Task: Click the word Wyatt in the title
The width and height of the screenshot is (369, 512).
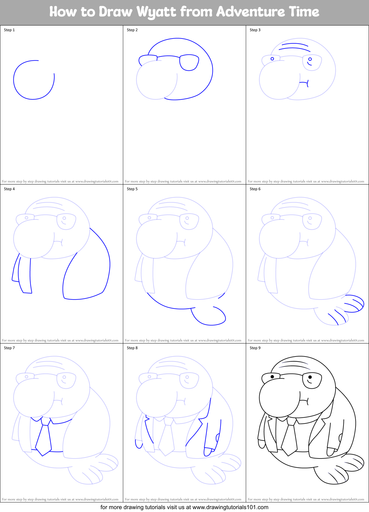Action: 156,12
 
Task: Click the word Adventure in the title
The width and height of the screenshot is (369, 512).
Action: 250,12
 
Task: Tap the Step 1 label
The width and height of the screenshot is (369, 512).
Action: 9,30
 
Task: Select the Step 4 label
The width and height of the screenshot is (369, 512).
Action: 9,189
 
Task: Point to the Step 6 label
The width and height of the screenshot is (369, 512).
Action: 255,189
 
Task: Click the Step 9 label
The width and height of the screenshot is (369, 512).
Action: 255,348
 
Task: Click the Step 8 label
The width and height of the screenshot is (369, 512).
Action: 132,348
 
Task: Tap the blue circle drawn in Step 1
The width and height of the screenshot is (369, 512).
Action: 34,80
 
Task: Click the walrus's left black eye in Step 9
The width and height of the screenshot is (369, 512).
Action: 272,377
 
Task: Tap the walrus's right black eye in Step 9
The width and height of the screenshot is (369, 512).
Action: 310,377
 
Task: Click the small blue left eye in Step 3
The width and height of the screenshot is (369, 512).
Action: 272,59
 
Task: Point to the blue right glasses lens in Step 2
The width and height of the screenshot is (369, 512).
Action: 189,62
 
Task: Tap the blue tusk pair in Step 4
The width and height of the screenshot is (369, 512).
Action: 22,274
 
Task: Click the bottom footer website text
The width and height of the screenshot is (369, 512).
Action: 184,507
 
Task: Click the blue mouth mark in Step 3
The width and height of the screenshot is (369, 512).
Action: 304,83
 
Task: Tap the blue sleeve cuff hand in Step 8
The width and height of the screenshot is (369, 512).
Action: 208,451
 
